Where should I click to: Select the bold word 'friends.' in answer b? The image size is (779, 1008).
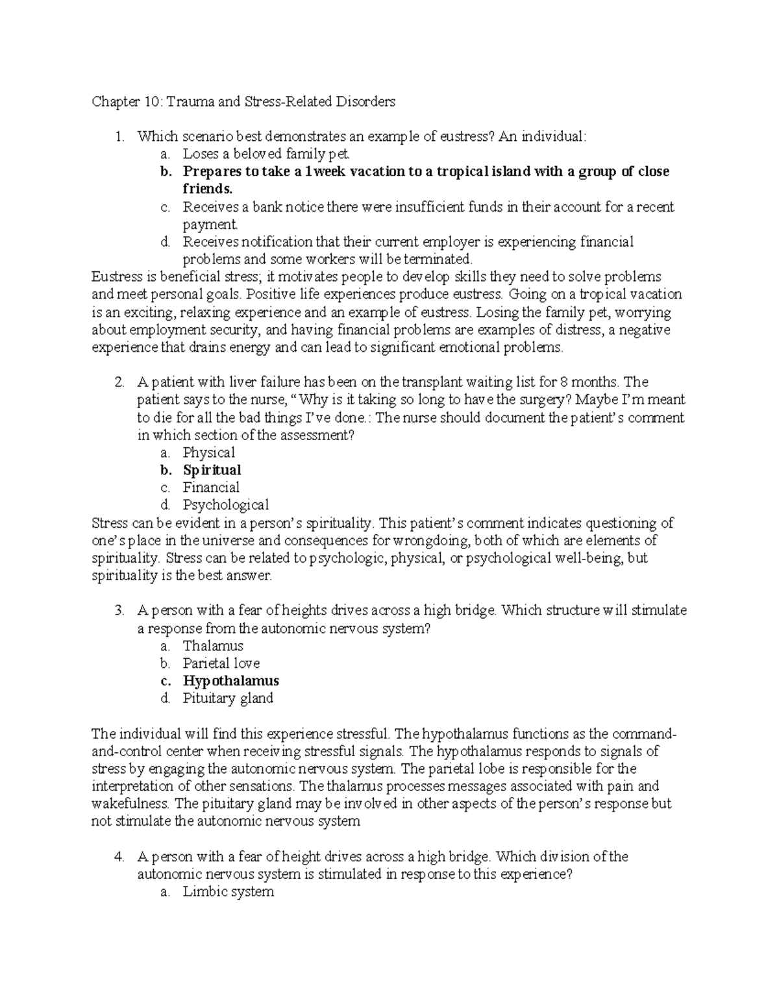point(207,189)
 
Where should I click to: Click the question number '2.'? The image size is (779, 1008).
point(119,382)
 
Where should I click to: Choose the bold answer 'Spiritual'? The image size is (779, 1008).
point(212,470)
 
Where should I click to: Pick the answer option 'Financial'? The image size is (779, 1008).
point(211,487)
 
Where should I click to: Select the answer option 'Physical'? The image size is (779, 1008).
point(208,452)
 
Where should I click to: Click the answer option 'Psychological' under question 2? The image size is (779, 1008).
point(225,505)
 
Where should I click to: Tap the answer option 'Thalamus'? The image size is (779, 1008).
point(213,646)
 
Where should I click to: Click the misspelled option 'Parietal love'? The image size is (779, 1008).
point(221,663)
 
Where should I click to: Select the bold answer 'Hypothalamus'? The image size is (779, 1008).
point(230,681)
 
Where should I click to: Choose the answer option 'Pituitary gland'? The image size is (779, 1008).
point(227,698)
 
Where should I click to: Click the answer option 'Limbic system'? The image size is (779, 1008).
point(228,892)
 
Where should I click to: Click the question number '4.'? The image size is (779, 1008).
point(119,857)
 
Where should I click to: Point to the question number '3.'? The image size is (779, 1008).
point(119,611)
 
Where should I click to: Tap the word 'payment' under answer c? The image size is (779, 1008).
point(210,225)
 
